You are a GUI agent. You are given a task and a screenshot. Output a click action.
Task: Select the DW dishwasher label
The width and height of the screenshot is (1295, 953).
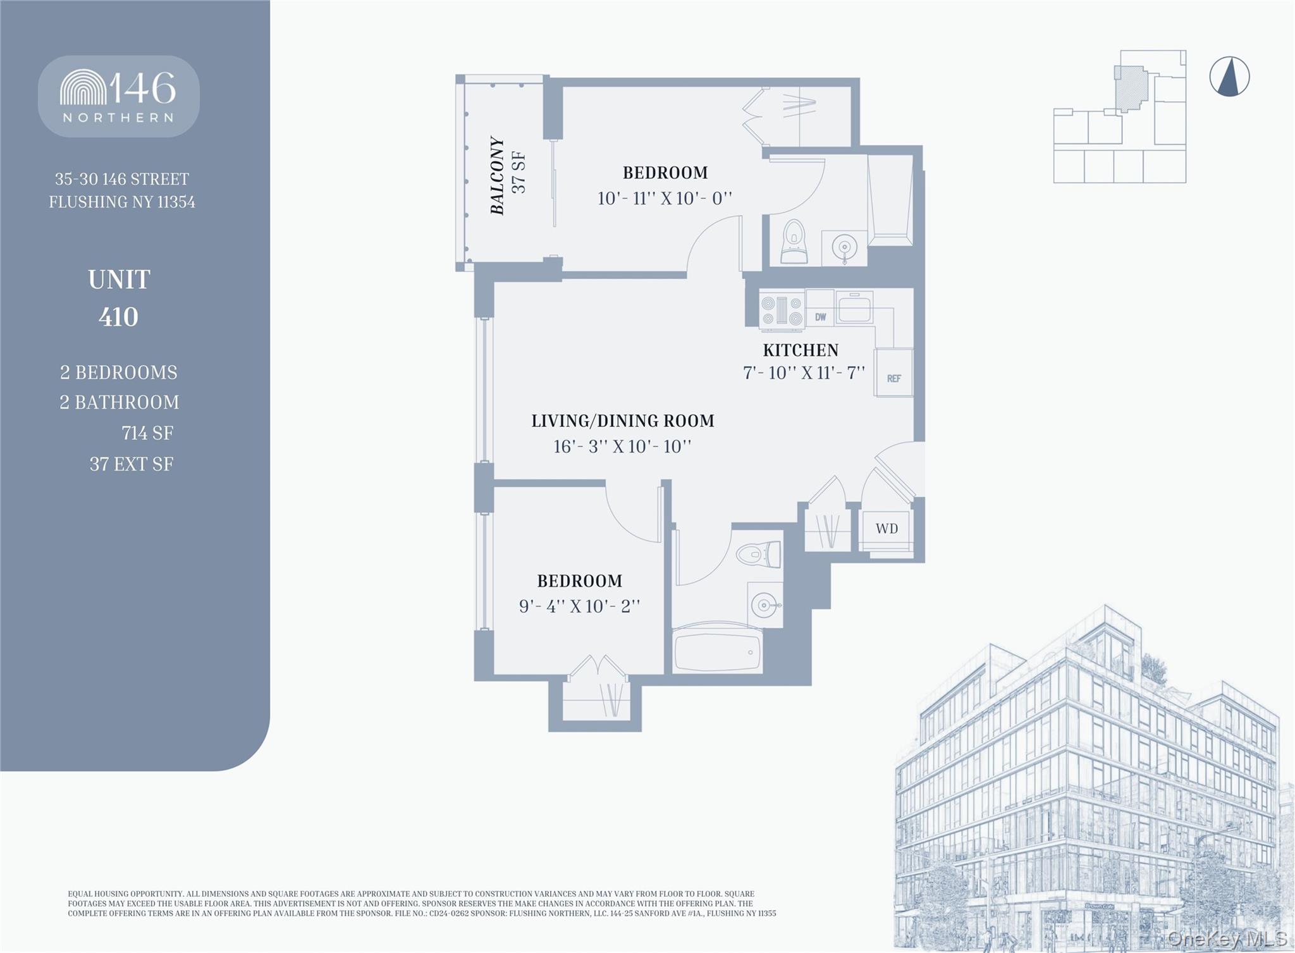click(820, 317)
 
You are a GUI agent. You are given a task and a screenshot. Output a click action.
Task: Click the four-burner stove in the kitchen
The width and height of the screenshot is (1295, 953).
click(782, 310)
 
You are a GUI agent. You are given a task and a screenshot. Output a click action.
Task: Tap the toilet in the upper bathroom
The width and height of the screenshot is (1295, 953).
click(794, 242)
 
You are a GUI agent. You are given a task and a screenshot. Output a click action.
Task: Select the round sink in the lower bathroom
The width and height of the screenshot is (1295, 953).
click(764, 605)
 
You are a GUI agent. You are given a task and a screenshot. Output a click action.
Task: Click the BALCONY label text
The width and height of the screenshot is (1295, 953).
click(498, 176)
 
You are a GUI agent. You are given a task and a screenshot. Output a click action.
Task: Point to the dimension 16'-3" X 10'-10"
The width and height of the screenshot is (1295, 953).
click(622, 446)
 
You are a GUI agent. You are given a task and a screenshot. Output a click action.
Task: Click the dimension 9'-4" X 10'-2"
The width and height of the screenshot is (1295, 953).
click(579, 606)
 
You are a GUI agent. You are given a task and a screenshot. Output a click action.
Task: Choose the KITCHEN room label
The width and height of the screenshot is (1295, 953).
click(800, 350)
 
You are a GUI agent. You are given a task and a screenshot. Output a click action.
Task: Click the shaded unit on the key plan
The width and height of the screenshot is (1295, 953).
click(1131, 89)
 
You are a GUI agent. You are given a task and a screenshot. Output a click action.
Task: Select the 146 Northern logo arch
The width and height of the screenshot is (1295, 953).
click(83, 89)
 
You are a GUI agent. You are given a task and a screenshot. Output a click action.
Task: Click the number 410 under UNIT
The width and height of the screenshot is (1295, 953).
click(118, 317)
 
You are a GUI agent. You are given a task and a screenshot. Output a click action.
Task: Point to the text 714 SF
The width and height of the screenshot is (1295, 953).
click(147, 433)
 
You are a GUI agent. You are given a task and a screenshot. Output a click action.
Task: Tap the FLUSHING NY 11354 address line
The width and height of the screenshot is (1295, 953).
click(122, 202)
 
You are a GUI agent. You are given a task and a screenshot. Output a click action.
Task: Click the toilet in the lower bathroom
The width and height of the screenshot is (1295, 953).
click(758, 555)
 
